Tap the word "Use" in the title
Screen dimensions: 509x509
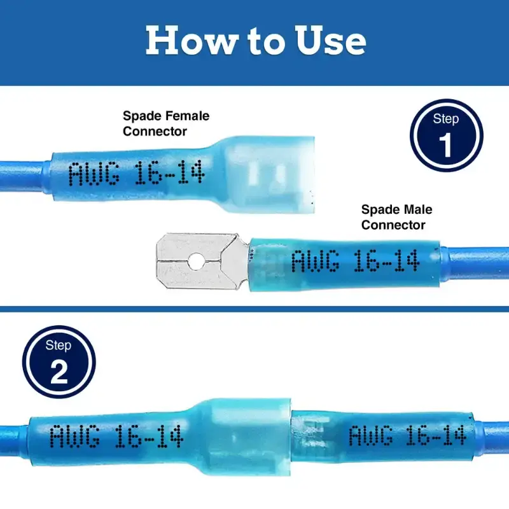[330, 40]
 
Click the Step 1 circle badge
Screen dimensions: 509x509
[447, 136]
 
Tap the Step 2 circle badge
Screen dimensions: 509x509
[59, 361]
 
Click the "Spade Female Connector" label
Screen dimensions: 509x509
[166, 123]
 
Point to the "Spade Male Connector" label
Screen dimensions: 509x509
[396, 217]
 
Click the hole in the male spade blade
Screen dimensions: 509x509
[195, 261]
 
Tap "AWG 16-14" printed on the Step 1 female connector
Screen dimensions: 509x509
[137, 173]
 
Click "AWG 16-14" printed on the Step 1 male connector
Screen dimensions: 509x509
[356, 261]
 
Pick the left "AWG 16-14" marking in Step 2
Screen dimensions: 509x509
[116, 436]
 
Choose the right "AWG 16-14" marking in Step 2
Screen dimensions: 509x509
[408, 435]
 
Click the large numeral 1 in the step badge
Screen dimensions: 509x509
[445, 146]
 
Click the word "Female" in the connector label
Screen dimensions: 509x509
[187, 116]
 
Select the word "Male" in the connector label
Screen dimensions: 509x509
[417, 209]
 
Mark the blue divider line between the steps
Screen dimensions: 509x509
[254, 309]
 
